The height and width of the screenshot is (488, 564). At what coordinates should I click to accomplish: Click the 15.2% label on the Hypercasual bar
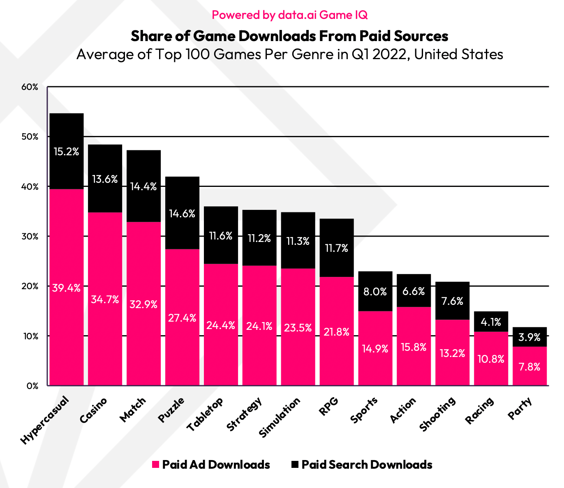pos(66,152)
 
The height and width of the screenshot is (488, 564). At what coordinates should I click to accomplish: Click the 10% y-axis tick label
pos(30,336)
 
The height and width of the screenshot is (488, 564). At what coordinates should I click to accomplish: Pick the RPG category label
pos(328,407)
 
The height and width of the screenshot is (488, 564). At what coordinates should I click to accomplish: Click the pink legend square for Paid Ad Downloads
pos(155,465)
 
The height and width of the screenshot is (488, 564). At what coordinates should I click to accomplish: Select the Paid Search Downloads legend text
pos(367,465)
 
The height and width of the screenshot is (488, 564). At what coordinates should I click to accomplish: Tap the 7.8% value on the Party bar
pos(529,367)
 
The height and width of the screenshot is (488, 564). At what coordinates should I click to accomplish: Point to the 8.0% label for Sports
pos(375,292)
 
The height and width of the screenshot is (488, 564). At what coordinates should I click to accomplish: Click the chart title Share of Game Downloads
pos(289,36)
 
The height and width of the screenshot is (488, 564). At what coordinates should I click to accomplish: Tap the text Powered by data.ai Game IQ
pos(289,15)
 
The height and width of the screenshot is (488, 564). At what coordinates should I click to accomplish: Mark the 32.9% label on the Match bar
pos(143,304)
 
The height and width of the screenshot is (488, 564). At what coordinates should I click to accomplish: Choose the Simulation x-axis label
pos(280,417)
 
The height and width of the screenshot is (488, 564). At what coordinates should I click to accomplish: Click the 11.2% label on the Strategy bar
pos(259,238)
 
